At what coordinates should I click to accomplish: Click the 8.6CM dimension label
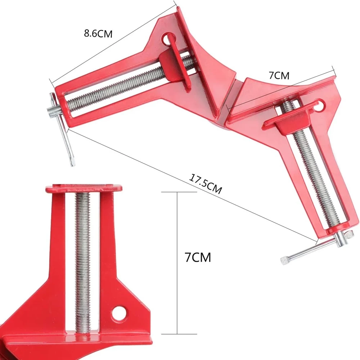98,33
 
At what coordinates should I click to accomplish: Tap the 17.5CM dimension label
205,184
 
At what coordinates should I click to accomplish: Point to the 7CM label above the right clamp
279,76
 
